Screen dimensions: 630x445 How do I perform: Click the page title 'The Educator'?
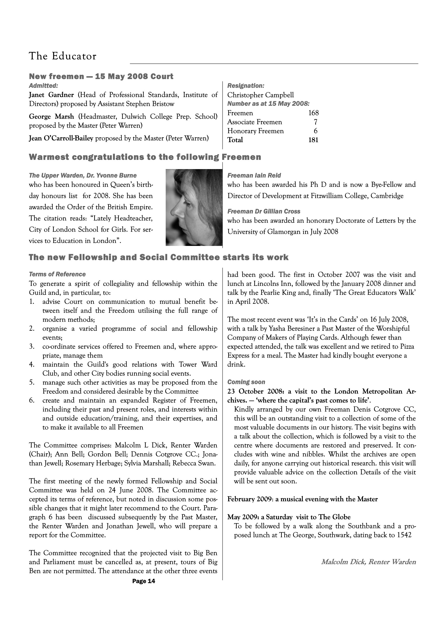(x=63, y=56)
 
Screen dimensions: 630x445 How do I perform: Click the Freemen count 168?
(x=313, y=113)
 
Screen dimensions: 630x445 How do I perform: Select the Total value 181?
(x=313, y=140)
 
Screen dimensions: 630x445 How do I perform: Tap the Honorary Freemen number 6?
(x=316, y=131)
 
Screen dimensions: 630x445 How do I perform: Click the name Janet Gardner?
(x=52, y=95)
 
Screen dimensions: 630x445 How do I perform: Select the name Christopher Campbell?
(x=260, y=95)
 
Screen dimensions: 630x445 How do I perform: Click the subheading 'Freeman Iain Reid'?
(x=254, y=175)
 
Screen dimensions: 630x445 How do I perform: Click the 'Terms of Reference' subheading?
(x=57, y=274)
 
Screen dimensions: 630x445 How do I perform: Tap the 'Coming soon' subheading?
(x=246, y=382)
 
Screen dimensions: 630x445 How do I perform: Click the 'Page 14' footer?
(x=144, y=581)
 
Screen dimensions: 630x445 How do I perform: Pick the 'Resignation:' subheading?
(x=246, y=86)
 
